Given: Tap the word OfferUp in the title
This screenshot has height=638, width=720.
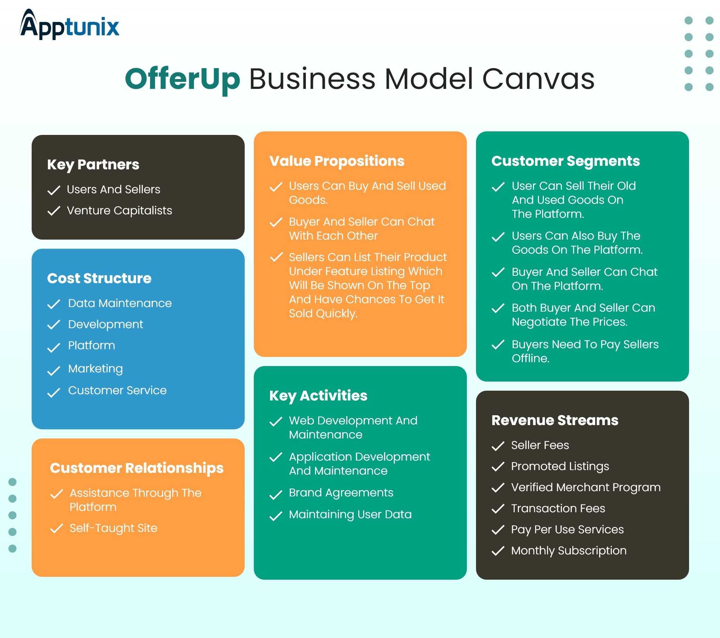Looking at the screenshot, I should point(182,79).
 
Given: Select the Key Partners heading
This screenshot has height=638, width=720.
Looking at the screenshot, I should point(93,164).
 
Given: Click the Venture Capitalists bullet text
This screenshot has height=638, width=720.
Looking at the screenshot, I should point(120,210).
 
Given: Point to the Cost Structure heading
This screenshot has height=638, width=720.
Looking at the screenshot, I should point(99,278).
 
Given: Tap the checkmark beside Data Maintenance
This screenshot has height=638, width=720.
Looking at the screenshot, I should point(53,304).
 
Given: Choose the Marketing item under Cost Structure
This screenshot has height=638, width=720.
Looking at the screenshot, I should point(96,369).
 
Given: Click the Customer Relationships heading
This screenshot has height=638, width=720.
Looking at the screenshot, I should point(137,468).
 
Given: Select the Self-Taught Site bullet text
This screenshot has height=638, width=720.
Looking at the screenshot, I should point(114,528).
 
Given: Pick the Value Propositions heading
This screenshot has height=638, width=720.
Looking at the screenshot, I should point(337,161).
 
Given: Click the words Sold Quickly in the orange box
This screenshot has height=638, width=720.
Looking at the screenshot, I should point(323,313).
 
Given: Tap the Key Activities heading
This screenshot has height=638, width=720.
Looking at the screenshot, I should point(318,395).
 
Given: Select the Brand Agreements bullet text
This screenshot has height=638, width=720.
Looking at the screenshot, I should point(341,493).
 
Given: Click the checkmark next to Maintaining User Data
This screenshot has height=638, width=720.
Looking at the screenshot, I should point(276,516).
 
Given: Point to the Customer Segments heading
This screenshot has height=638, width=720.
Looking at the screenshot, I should point(565,161).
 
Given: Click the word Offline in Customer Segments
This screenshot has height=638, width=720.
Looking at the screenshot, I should point(530,358).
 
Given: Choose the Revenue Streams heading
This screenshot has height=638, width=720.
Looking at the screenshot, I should point(555,420).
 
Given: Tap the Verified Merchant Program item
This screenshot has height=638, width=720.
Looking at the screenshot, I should point(586,487).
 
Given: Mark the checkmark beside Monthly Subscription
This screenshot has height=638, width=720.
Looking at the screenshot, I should point(498,551).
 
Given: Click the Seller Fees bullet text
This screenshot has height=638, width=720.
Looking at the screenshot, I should point(540,445).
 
